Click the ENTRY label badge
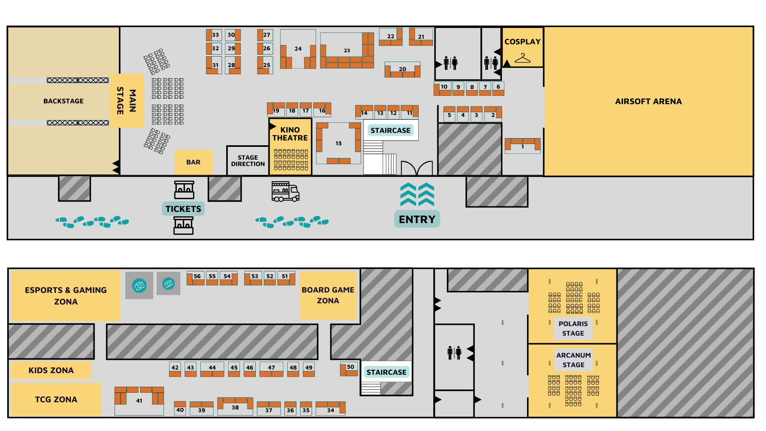[x=417, y=219]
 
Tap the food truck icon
[x=285, y=192]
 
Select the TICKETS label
[x=183, y=209]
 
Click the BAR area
[x=193, y=162]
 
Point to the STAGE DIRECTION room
[x=248, y=160]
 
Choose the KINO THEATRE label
[x=290, y=134]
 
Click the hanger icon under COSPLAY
[x=522, y=58]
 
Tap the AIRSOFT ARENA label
[x=648, y=101]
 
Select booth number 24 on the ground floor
[x=298, y=49]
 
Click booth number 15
[x=338, y=143]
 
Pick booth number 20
[x=402, y=69]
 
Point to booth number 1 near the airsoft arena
[x=523, y=146]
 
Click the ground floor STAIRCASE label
[x=390, y=130]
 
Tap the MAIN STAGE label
[x=126, y=101]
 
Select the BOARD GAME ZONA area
[x=328, y=295]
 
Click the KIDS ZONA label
[x=51, y=370]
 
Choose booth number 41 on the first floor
[x=139, y=401]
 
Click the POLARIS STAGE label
[x=573, y=328]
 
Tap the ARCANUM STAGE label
[x=573, y=360]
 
